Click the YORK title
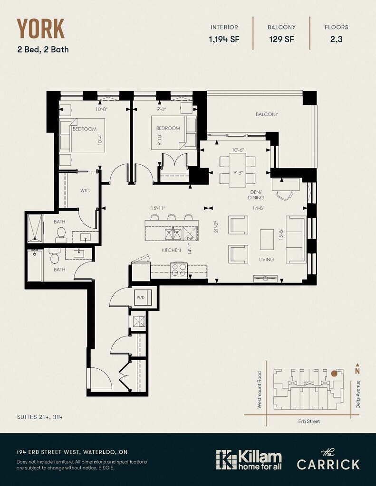point(41,28)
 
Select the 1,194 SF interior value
point(224,39)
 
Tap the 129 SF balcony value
point(281,39)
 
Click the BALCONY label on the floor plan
point(267,114)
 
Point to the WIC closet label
point(85,191)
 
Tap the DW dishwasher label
point(190,238)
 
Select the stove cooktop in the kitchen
point(179,270)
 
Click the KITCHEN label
point(172,250)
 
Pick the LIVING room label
point(267,260)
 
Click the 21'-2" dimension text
point(216,226)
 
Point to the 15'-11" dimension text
point(158,208)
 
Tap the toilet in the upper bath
point(61,234)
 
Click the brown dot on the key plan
point(334,374)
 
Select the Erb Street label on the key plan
point(309,421)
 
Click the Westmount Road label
point(260,390)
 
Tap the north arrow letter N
point(357,371)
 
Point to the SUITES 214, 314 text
point(40,417)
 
